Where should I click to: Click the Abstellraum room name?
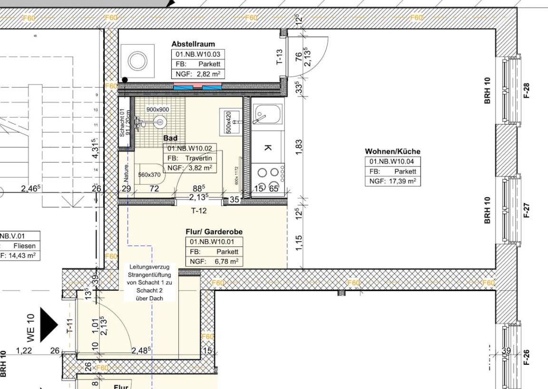tap(193, 44)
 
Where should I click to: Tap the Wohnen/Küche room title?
tap(392, 151)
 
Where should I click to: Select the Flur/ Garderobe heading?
tap(214, 232)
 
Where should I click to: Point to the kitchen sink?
tap(263, 114)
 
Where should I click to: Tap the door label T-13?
tap(280, 58)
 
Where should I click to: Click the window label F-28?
tap(527, 90)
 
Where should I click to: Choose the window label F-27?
tap(527, 210)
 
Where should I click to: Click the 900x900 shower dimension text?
tap(158, 109)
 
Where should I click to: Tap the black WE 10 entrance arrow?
tap(48, 325)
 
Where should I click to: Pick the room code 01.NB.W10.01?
tap(214, 242)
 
